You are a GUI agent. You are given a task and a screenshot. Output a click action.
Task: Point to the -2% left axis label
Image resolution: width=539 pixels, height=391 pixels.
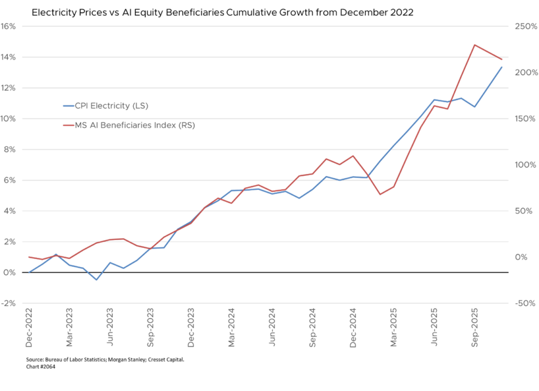click(8, 303)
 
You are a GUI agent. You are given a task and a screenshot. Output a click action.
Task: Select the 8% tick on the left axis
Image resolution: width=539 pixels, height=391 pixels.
click(9, 149)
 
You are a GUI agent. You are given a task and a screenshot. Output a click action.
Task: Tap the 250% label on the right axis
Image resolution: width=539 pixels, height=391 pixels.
click(525, 26)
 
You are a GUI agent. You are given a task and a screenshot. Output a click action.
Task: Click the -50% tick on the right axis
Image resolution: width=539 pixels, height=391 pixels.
click(525, 303)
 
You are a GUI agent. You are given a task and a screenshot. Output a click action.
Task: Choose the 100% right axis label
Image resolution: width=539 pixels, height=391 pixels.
click(525, 165)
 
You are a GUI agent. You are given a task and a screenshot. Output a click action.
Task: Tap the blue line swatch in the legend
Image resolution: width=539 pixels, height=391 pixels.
click(71, 106)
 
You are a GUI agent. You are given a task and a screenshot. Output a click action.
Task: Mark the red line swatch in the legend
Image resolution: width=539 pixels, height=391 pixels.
click(71, 125)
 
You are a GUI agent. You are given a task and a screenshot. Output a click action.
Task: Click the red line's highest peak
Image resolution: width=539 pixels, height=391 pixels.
click(474, 45)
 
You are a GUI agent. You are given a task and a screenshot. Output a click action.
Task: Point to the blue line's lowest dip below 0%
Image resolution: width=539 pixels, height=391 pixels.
click(96, 279)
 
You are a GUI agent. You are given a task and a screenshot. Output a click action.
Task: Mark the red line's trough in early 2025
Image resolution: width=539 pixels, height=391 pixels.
click(380, 195)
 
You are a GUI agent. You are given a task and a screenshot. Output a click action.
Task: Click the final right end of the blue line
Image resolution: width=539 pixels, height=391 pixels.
click(502, 67)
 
